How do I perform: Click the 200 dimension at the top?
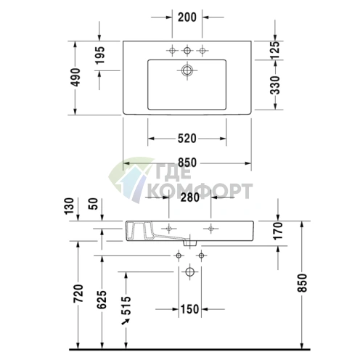[187, 17]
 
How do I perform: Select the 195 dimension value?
[100, 55]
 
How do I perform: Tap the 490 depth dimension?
[75, 78]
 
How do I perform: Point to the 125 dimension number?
[275, 50]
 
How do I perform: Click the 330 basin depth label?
[275, 85]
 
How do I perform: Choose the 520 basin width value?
[187, 139]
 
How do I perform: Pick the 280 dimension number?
[190, 197]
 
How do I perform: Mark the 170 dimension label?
[278, 231]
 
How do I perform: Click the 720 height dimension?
[78, 293]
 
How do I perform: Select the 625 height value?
[102, 300]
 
